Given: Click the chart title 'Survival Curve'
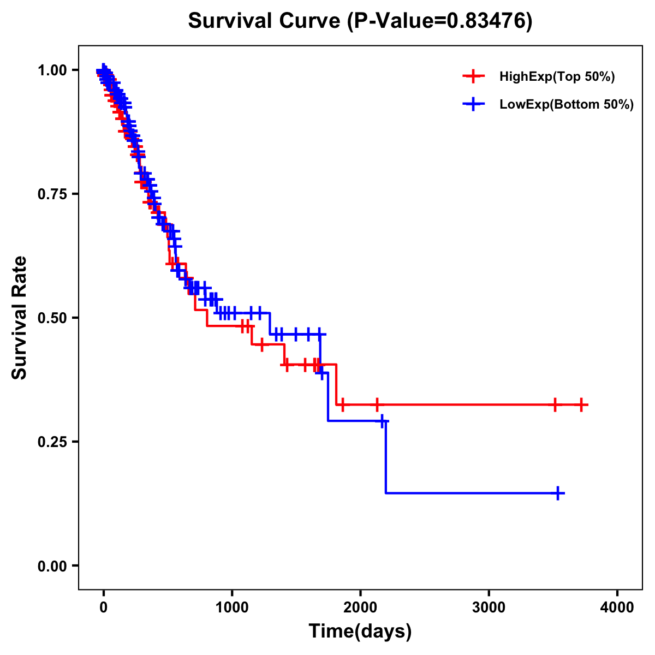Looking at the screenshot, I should pos(265,21).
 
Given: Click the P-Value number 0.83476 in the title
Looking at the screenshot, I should pos(487,21).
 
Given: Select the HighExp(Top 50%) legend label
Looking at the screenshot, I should pos(557,77).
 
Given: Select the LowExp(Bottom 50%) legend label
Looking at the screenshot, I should pos(567,105).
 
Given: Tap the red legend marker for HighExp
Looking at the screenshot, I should pos(473,77).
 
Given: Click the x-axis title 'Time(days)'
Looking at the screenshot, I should pos(360,632).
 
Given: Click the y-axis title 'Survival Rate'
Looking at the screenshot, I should pos(20,318).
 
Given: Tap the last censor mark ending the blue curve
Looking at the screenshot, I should pos(558,493).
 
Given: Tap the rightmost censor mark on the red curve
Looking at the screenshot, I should pos(581,404).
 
